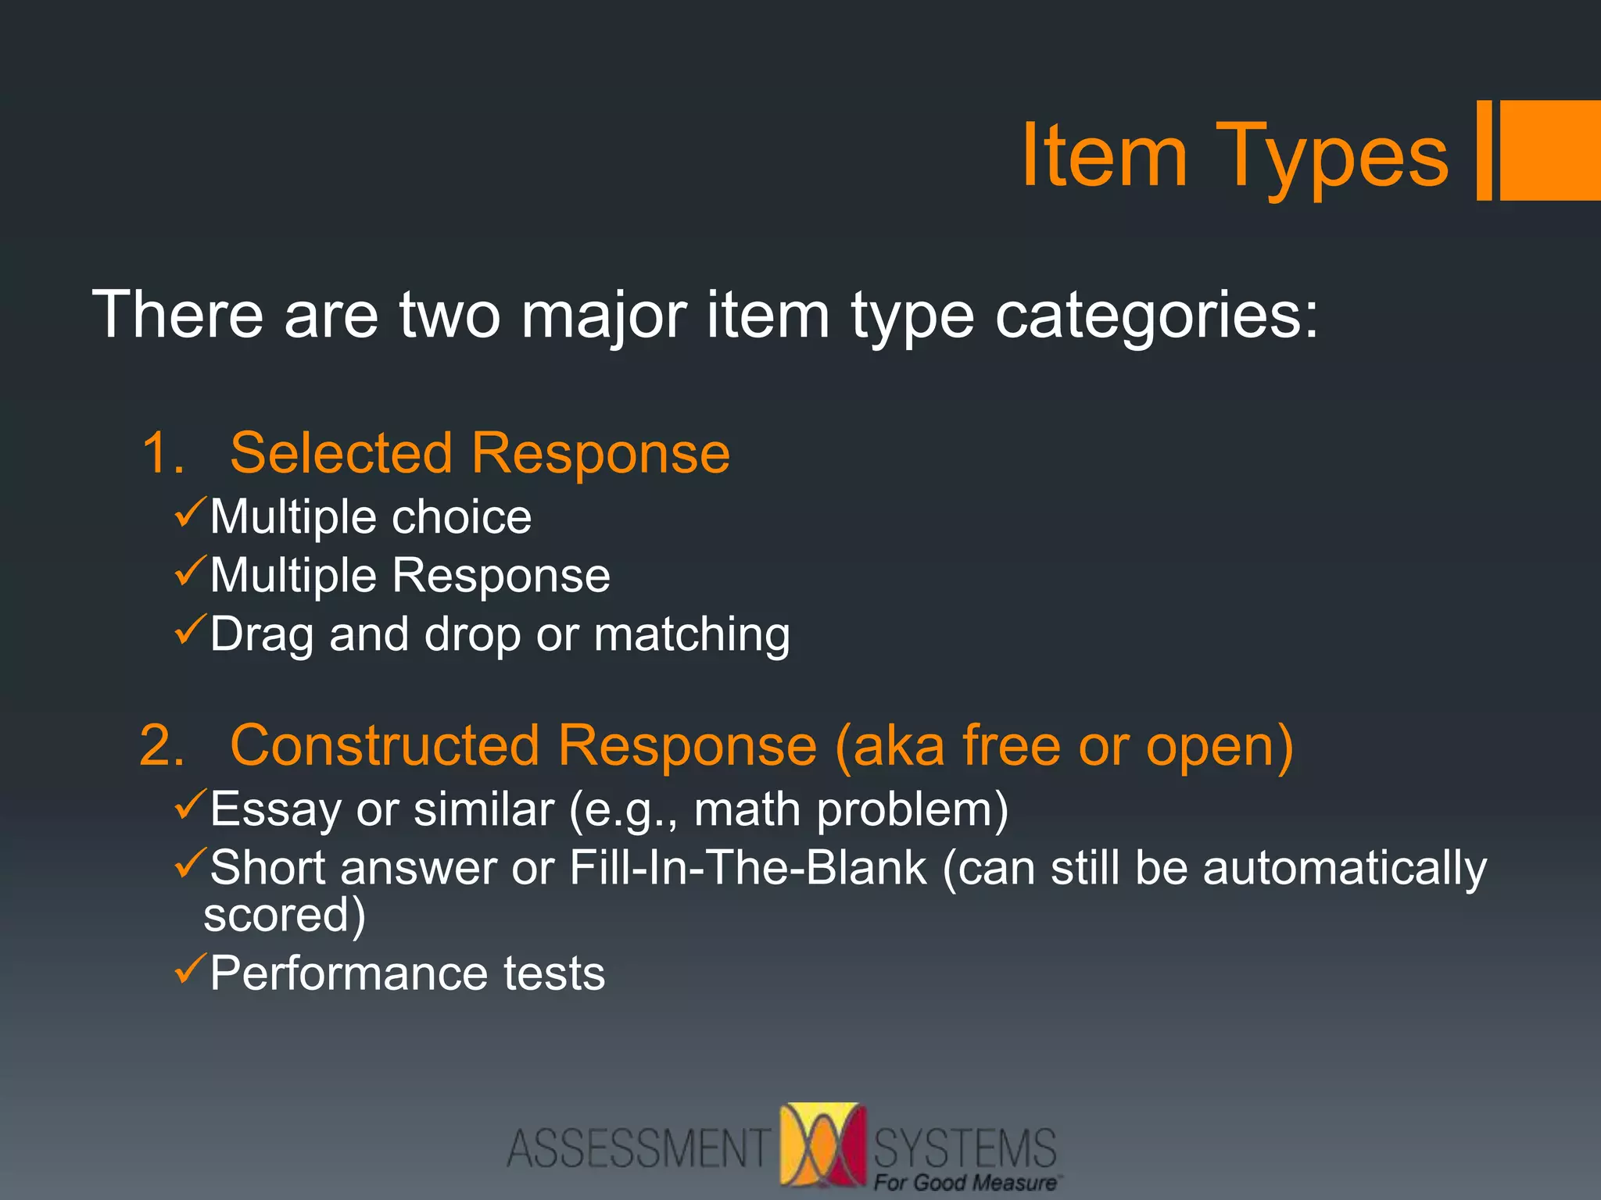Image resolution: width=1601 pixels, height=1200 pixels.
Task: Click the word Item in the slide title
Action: [x=1104, y=155]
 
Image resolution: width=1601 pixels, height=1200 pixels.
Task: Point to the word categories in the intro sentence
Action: [x=1156, y=316]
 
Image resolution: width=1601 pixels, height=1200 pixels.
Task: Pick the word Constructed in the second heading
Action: [x=385, y=745]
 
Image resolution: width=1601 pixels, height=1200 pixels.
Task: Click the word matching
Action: [x=692, y=634]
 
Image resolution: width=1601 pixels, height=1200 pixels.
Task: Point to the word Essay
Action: [x=275, y=809]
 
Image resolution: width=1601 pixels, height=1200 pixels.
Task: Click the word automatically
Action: [x=1345, y=869]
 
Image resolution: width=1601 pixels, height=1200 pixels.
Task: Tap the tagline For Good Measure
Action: [x=965, y=1183]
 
